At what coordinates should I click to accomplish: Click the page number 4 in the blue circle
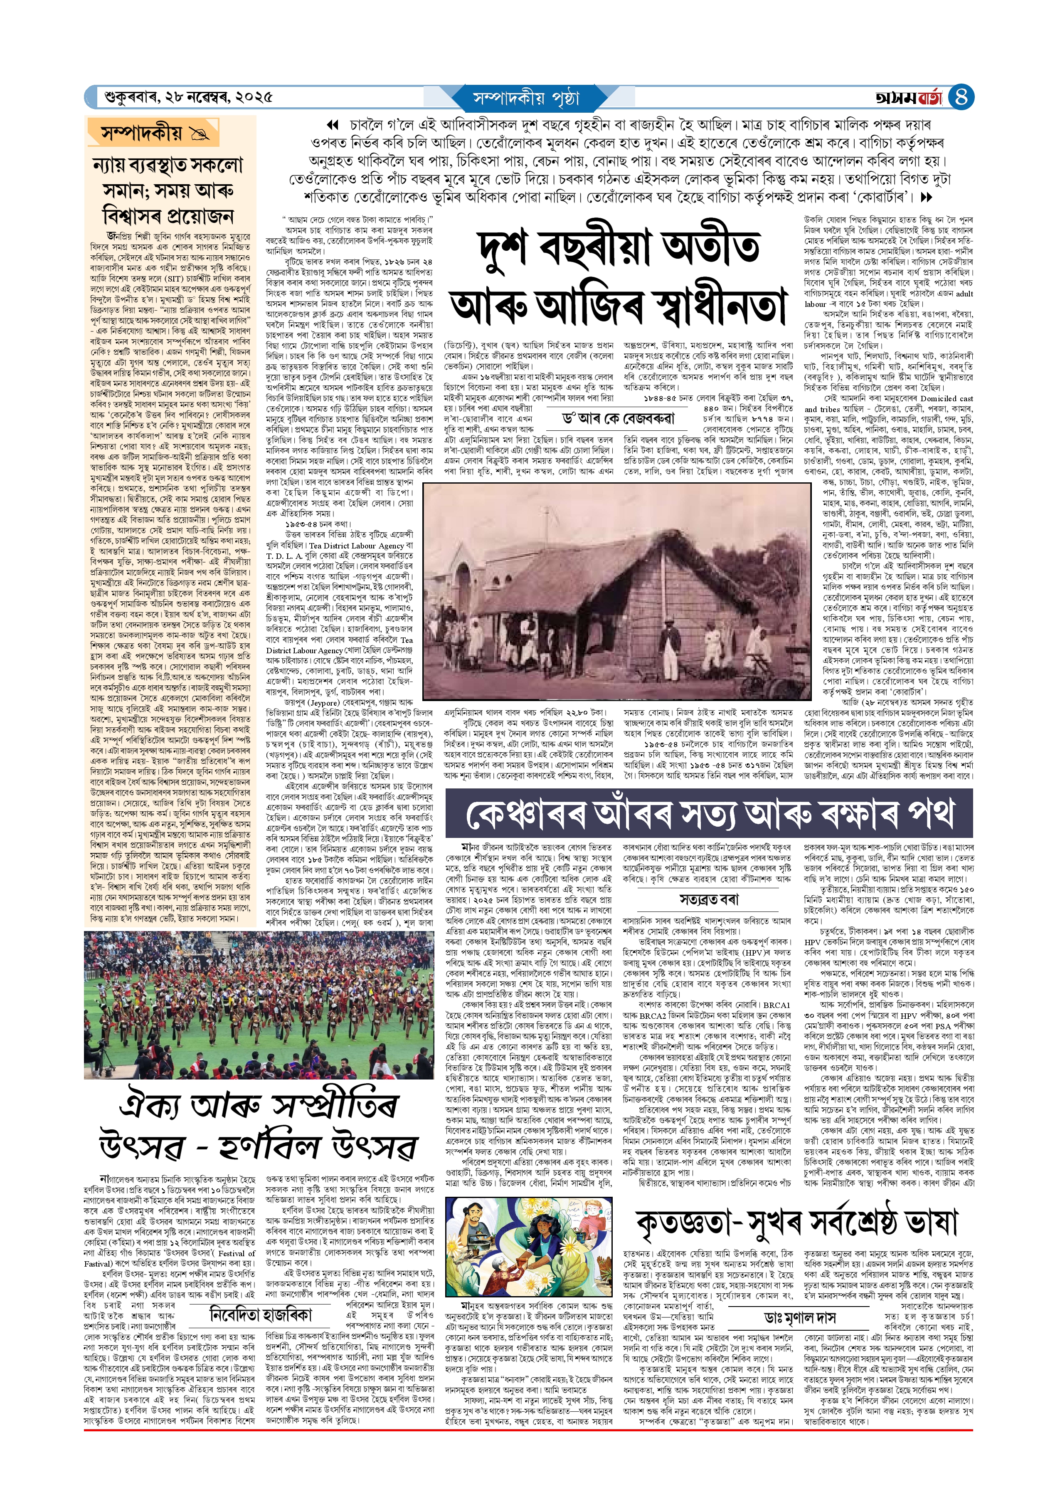tap(961, 97)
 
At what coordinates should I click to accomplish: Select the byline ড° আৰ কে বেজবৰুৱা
tap(619, 418)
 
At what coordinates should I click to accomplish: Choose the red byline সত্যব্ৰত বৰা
tap(708, 900)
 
